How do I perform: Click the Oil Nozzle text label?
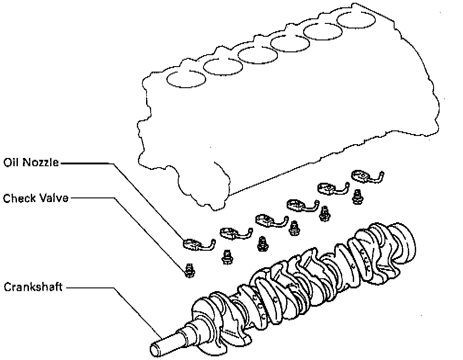(31, 163)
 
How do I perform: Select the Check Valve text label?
(36, 198)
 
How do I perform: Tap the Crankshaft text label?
(33, 287)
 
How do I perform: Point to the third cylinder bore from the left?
(256, 54)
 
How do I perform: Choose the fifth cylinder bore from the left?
(324, 31)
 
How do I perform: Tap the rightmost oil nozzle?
(365, 176)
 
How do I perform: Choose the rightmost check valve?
(356, 197)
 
